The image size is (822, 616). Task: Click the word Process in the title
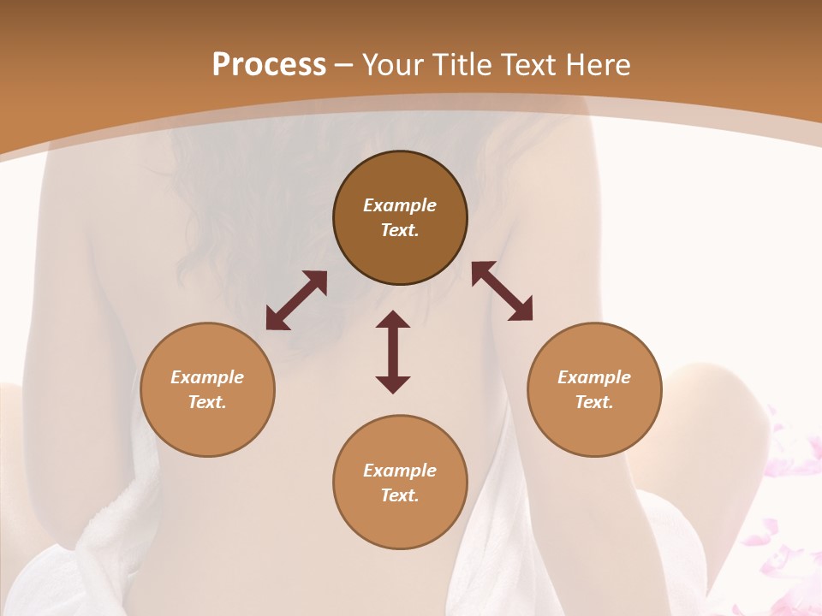pos(269,65)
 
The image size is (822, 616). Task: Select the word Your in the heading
pos(393,65)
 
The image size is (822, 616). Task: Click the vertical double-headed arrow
pos(393,352)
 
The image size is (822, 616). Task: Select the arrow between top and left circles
pos(296,300)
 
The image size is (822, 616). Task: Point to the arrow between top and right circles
pos(502,292)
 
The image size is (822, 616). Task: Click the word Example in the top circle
pos(400,205)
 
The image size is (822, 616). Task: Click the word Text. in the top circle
pos(400,230)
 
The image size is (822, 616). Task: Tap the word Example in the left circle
pos(207,377)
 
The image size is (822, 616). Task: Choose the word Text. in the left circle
pos(207,402)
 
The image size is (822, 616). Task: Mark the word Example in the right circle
pos(594,377)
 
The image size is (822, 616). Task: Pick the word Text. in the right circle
pos(594,402)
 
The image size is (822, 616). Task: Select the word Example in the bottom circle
pos(400,471)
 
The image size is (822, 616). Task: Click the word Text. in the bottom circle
pos(400,495)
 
